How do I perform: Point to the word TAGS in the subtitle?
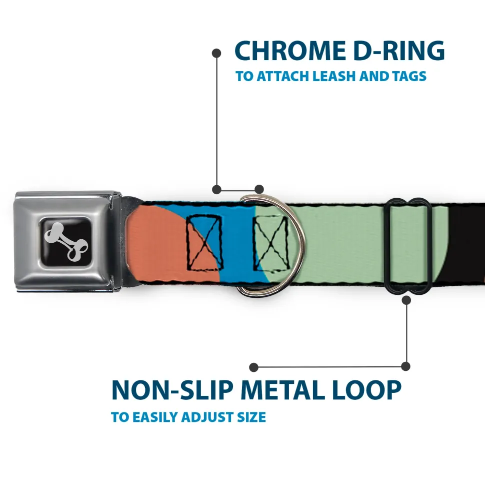(408, 77)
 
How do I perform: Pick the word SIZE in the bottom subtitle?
(251, 417)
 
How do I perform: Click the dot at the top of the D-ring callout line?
(216, 53)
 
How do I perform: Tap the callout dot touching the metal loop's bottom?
(406, 300)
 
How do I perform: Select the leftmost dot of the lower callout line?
(254, 367)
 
